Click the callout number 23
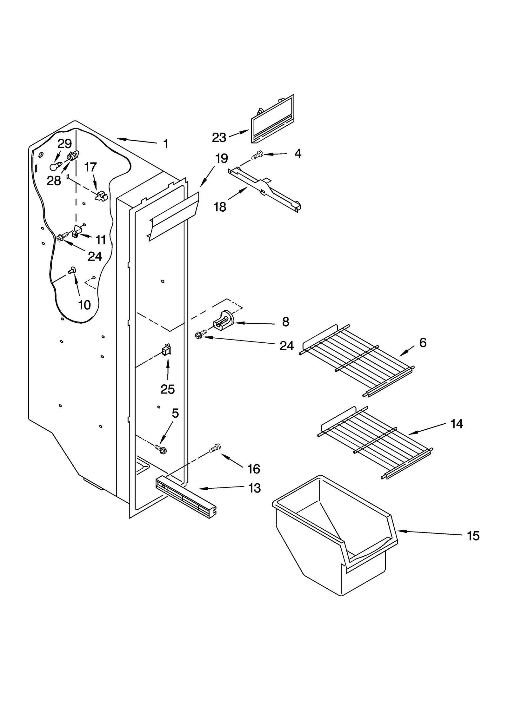point(219,137)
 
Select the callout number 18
point(220,207)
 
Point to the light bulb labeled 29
point(55,166)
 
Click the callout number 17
point(90,167)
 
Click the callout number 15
point(473,536)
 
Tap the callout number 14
point(457,424)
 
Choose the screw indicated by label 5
point(161,448)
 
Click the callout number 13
point(254,488)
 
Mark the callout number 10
point(84,305)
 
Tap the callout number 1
point(165,144)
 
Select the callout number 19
point(221,158)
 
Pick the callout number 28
point(54,181)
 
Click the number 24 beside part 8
point(286,346)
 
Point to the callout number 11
point(101,240)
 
